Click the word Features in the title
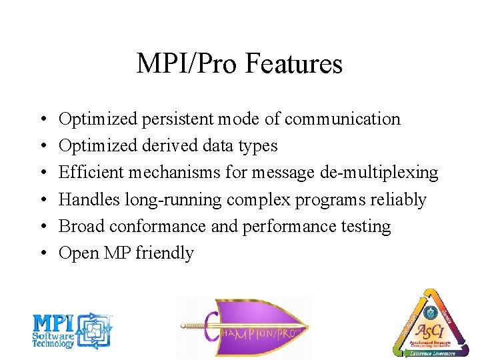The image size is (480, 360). pyautogui.click(x=294, y=64)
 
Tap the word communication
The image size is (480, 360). pyautogui.click(x=342, y=119)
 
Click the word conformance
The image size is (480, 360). pyautogui.click(x=157, y=226)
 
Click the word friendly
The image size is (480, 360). pyautogui.click(x=165, y=253)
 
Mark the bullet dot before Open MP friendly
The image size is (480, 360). pyautogui.click(x=42, y=253)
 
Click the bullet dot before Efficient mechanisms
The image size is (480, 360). pyautogui.click(x=42, y=173)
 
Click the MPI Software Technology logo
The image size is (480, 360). pyautogui.click(x=72, y=331)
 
